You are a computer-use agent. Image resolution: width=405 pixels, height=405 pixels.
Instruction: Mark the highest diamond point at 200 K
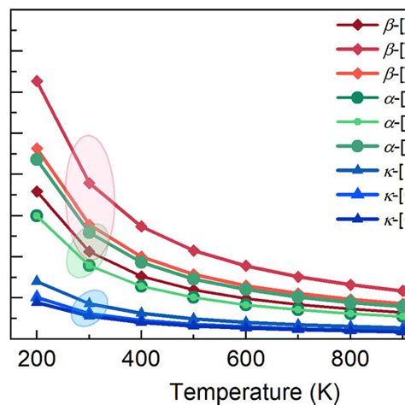[x=37, y=81]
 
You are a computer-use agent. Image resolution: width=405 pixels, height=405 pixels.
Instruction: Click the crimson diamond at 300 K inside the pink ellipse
[x=89, y=183]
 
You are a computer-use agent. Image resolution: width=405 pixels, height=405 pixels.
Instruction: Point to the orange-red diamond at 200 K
[x=37, y=148]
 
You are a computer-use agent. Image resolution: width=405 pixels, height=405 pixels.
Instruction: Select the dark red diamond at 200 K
[x=37, y=191]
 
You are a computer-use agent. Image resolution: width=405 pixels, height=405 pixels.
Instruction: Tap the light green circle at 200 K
[x=37, y=215]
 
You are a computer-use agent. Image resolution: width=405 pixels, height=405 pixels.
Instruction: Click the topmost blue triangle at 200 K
[x=37, y=280]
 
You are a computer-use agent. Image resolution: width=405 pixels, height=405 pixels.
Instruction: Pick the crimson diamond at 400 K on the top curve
[x=141, y=226]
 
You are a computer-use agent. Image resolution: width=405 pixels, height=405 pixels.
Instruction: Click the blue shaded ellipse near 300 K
[x=89, y=308]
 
